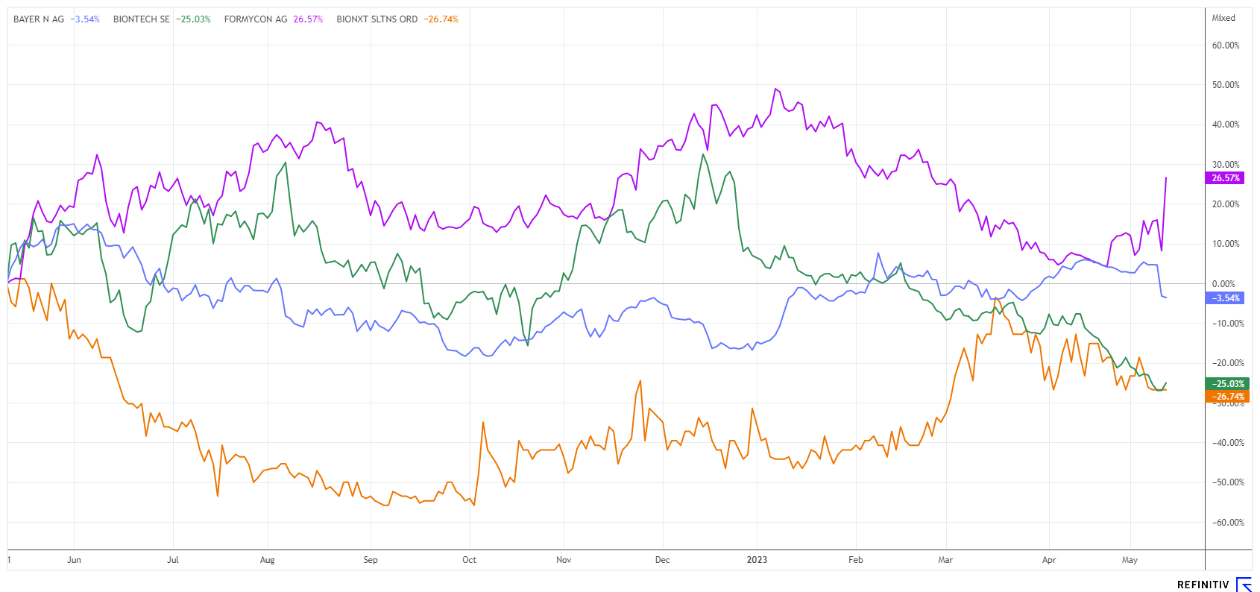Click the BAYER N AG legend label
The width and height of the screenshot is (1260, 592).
point(39,19)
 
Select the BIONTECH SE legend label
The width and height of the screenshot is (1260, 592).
point(142,19)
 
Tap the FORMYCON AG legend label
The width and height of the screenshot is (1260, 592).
point(256,19)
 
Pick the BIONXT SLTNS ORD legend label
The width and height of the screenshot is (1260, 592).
point(377,19)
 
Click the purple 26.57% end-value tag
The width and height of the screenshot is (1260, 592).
point(1225,178)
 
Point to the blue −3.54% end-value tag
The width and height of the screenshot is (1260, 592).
point(1225,298)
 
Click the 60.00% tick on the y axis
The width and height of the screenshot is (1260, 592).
point(1226,45)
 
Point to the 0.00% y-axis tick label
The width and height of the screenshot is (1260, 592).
point(1223,284)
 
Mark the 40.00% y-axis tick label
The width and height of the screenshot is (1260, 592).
point(1226,125)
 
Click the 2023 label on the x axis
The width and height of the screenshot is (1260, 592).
point(757,560)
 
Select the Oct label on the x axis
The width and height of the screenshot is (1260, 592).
point(469,560)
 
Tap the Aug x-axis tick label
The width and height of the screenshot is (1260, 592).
point(267,560)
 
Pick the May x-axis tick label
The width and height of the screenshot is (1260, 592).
point(1130,560)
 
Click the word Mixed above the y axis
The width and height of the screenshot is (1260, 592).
point(1223,18)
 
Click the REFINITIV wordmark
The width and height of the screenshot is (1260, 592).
point(1203,585)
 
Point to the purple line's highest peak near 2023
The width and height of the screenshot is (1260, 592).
point(776,89)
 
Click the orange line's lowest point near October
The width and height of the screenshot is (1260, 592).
point(474,506)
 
